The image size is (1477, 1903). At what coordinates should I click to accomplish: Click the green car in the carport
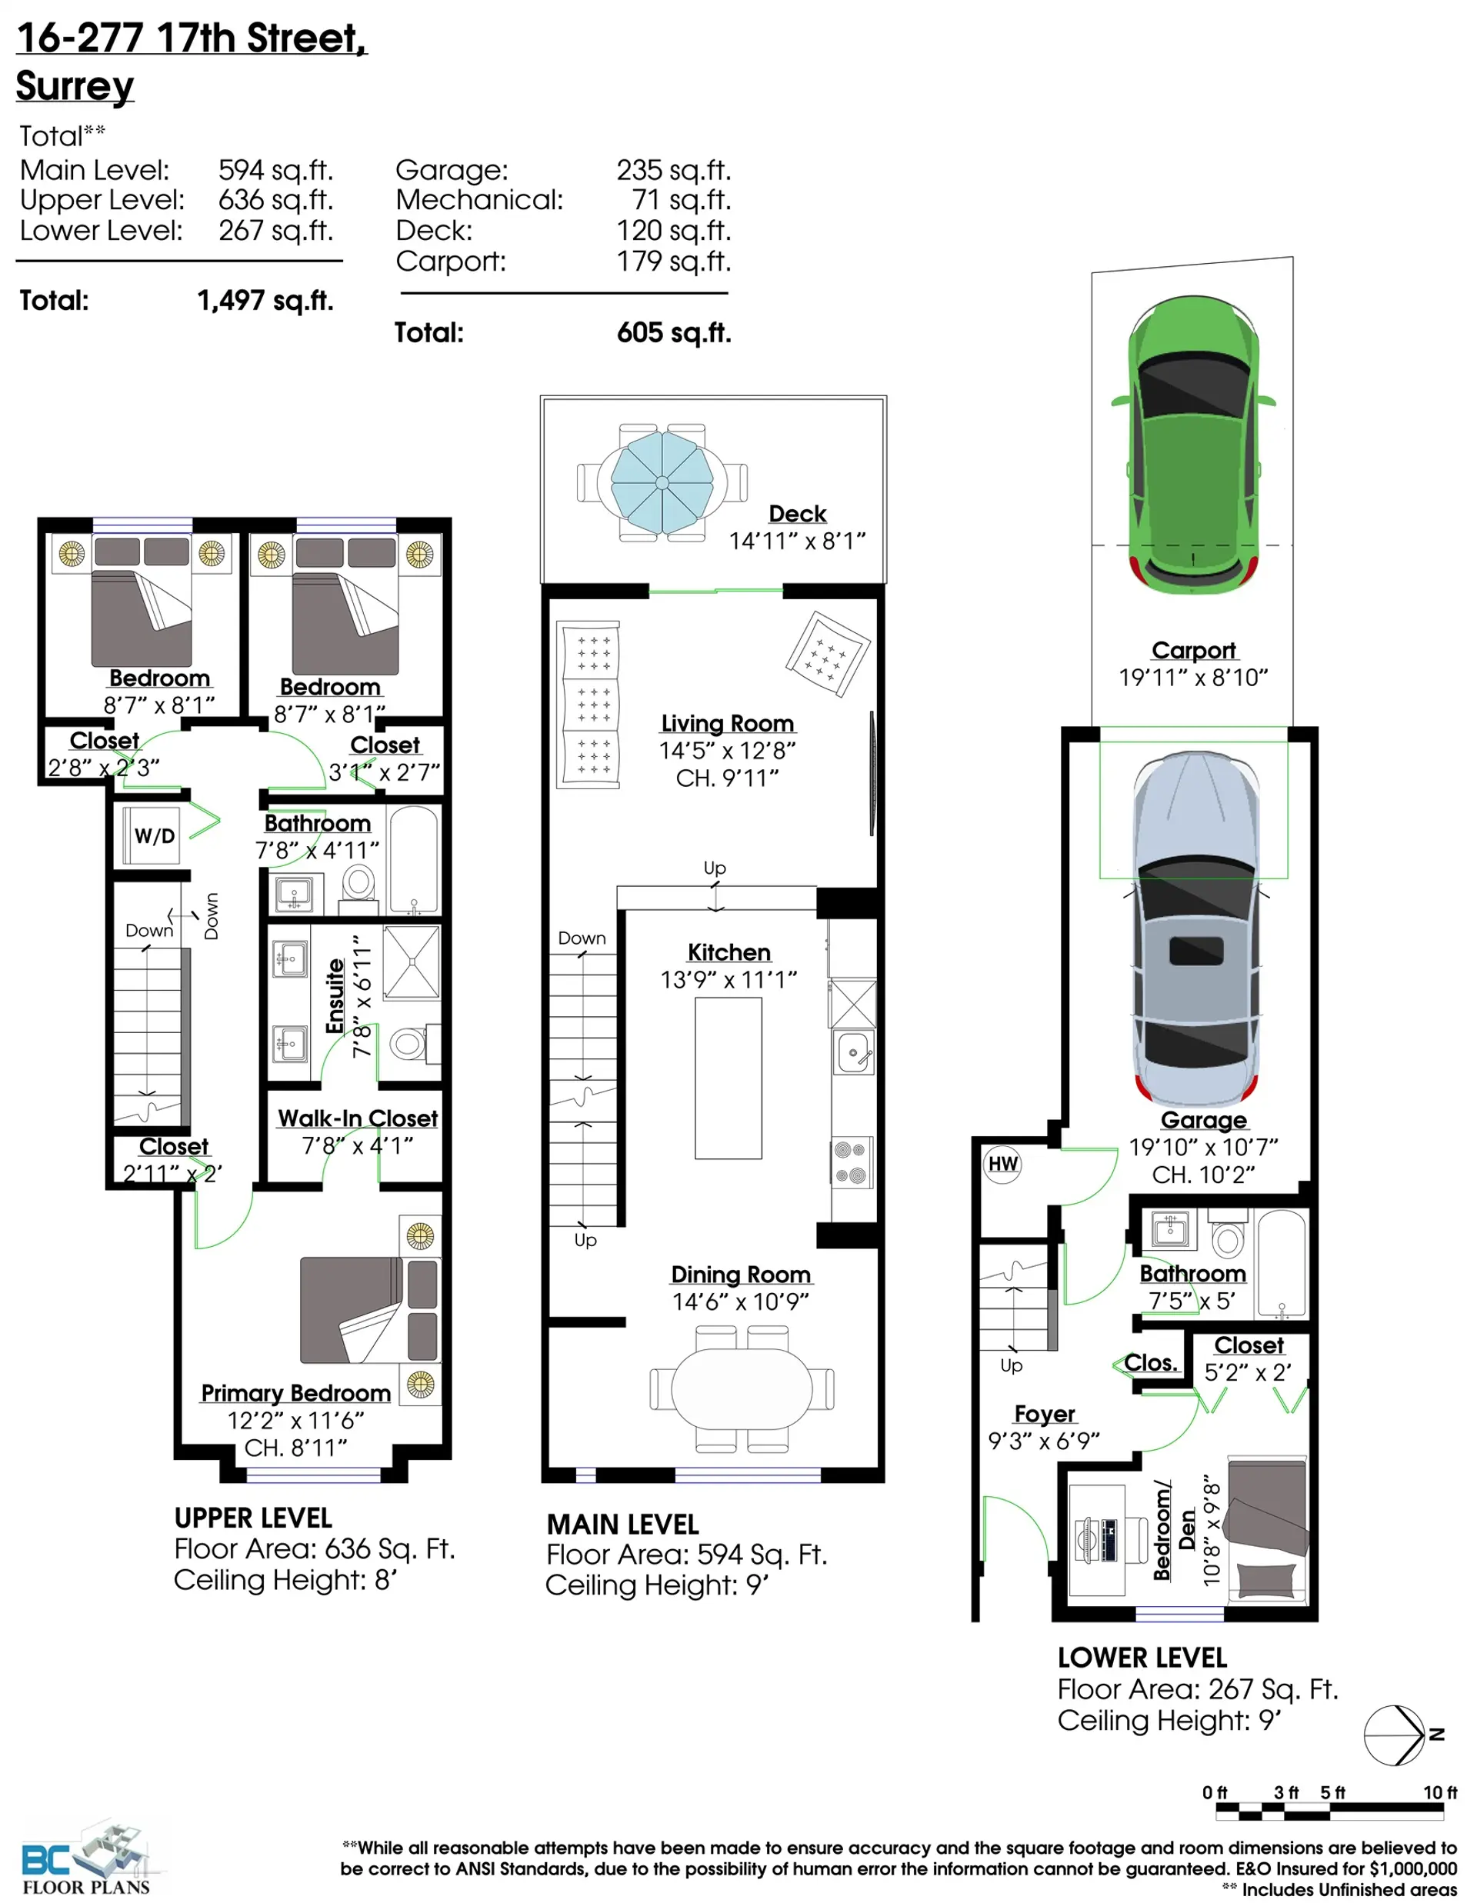pos(1192,445)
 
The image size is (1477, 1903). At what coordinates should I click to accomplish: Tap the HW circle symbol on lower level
pos(1002,1164)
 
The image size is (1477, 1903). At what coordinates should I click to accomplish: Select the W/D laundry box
pos(153,835)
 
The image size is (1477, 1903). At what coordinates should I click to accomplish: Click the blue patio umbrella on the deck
pos(662,482)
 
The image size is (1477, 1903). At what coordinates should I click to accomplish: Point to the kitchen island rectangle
pos(728,1078)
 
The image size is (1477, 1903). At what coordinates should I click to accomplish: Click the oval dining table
pos(741,1389)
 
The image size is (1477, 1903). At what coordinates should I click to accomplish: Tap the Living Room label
pos(727,723)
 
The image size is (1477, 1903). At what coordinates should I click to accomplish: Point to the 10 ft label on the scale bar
pos(1439,1792)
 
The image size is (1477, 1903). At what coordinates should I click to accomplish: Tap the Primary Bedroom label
pos(295,1393)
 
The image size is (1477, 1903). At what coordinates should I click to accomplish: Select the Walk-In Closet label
pos(357,1118)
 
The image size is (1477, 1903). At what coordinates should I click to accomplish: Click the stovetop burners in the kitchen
pos(852,1162)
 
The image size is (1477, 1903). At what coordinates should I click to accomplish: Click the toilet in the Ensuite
pos(408,1043)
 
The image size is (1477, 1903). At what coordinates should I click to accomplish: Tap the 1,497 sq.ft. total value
pos(265,301)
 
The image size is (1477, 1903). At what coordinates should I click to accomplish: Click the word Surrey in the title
pos(75,85)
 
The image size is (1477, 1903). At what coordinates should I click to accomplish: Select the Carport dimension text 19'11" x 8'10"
pos(1192,677)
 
